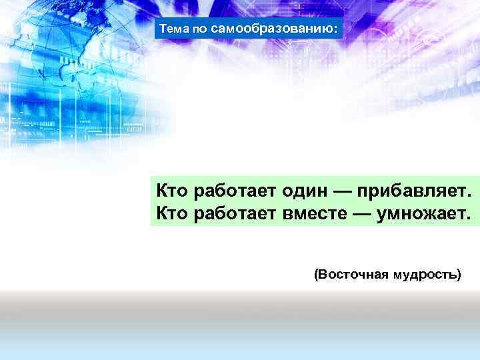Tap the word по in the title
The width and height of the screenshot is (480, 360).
point(199,30)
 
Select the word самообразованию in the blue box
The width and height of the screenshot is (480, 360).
point(271,29)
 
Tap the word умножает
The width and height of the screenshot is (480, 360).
point(422,214)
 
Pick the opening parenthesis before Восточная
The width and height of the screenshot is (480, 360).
point(316,273)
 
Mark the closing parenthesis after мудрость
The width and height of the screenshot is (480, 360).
point(458,273)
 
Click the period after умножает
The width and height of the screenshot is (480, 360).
point(469,219)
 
